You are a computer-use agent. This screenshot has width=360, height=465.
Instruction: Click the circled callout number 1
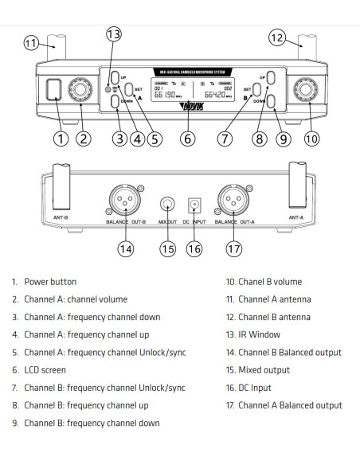(60, 138)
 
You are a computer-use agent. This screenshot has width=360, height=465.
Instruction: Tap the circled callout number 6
(188, 138)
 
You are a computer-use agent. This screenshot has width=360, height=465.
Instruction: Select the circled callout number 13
(114, 33)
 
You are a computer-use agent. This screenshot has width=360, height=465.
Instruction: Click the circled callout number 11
(32, 42)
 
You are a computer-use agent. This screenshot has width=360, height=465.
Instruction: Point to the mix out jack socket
(168, 203)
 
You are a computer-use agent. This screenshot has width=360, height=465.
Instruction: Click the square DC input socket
(192, 204)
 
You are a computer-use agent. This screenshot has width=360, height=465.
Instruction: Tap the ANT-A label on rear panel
(299, 215)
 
